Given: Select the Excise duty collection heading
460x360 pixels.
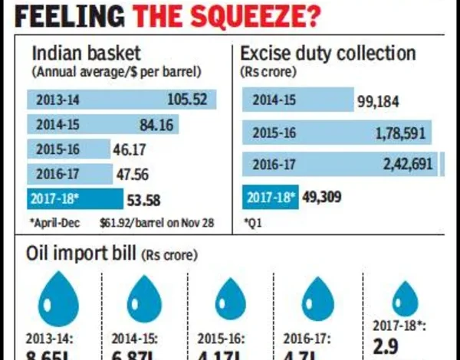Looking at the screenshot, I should (328, 54).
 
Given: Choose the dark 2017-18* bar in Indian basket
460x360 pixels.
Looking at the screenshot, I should (74, 198).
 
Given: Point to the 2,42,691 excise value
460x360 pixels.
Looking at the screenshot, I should (408, 164).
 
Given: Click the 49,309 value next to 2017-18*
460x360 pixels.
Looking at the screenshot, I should (320, 197).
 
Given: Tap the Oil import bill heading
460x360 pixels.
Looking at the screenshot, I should (83, 253).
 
